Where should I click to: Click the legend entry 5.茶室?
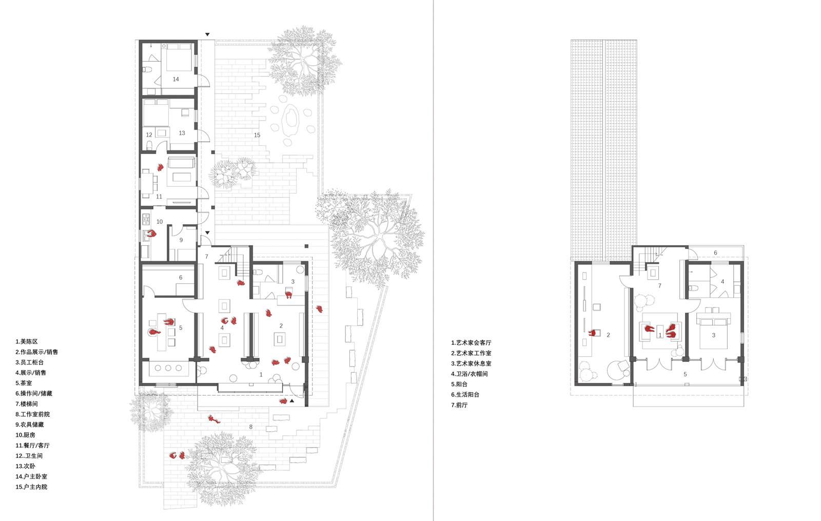[x=24, y=383]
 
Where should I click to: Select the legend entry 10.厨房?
[x=25, y=435]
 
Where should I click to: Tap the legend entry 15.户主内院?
[x=31, y=487]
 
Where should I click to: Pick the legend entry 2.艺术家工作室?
[x=471, y=353]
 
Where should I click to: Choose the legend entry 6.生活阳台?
[x=465, y=395]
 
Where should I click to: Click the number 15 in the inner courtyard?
[x=257, y=136]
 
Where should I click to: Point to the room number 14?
[x=175, y=79]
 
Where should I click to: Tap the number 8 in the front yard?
[x=251, y=427]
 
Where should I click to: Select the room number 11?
[x=159, y=197]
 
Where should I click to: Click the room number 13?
[x=182, y=133]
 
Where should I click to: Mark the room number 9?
[x=181, y=240]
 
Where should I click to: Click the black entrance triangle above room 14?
[x=207, y=34]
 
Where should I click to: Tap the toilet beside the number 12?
[x=149, y=146]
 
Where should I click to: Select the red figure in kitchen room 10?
[x=151, y=233]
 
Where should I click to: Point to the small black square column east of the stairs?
[x=306, y=246]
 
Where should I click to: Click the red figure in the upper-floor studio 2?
[x=592, y=333]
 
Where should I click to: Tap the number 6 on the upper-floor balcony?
[x=715, y=253]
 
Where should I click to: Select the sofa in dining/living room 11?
[x=181, y=162]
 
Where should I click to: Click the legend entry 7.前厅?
[x=459, y=405]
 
